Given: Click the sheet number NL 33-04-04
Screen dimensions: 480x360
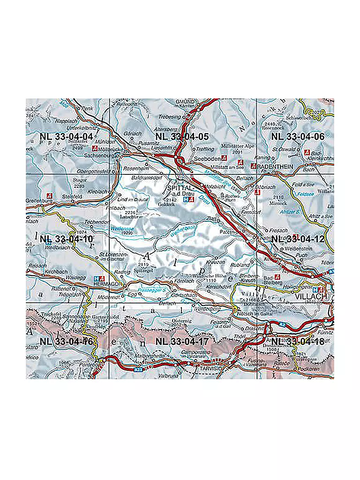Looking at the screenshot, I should pos(67,136).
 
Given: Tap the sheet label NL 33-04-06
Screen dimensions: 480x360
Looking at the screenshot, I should pos(298,136).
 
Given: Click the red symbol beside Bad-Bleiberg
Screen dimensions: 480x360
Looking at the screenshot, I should pos(277,277).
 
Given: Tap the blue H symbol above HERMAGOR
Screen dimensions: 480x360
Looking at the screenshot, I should pos(97,277).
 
